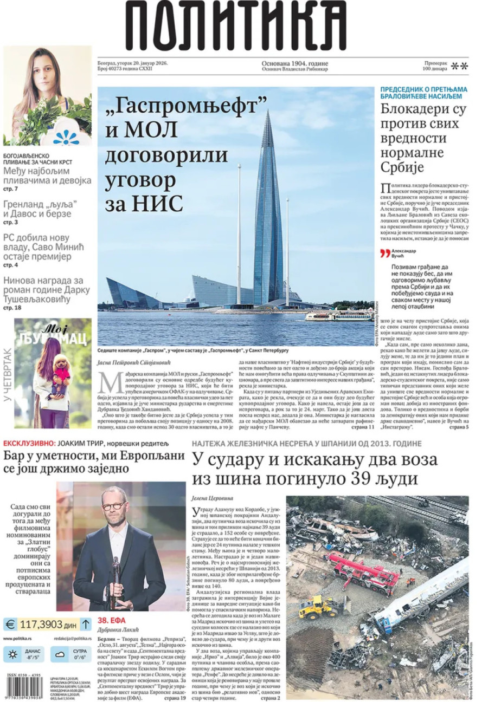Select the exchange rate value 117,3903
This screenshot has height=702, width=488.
tap(41, 625)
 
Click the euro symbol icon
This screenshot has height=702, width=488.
tap(10, 625)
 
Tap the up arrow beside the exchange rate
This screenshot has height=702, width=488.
tap(85, 625)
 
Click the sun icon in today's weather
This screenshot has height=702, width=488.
tap(12, 655)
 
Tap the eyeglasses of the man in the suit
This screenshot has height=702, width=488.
tap(113, 506)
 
